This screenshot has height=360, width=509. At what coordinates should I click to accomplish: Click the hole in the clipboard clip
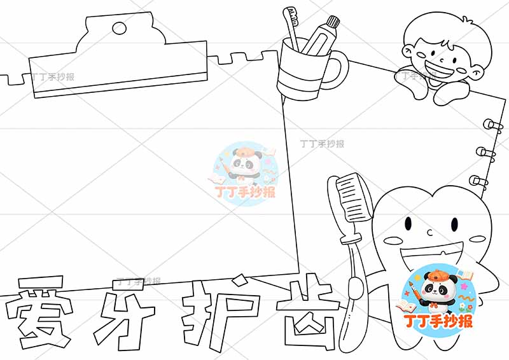click(x=118, y=27)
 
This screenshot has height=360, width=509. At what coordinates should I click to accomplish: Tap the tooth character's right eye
click(x=454, y=224)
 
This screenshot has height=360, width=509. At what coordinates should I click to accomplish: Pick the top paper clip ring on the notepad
click(x=491, y=124)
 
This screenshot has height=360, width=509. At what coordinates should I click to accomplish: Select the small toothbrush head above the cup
click(x=292, y=13)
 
